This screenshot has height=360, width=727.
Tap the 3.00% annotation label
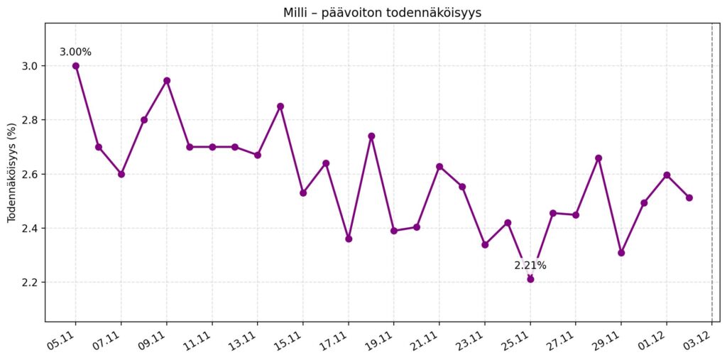click(x=75, y=52)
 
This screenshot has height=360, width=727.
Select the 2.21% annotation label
click(x=530, y=266)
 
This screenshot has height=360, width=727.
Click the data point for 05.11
click(x=76, y=66)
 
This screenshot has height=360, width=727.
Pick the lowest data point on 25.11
click(x=530, y=279)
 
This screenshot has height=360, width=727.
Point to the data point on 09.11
click(x=167, y=80)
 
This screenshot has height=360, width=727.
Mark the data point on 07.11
click(x=121, y=174)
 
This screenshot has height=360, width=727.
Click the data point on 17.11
click(x=349, y=239)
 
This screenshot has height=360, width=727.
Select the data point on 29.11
click(x=621, y=253)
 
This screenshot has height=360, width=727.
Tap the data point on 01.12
click(x=667, y=175)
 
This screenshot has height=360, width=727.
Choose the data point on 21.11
click(x=439, y=166)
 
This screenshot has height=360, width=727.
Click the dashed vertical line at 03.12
click(x=712, y=178)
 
